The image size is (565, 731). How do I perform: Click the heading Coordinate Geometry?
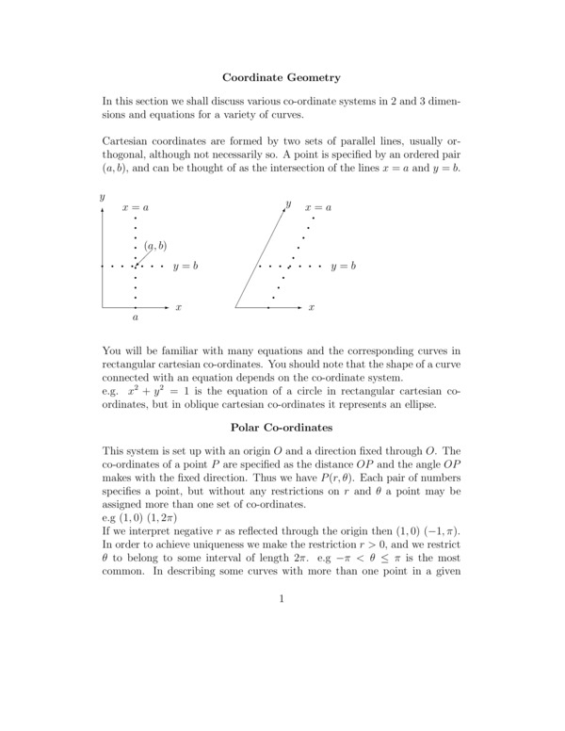click(x=282, y=76)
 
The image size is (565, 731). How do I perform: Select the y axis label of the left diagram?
click(x=101, y=197)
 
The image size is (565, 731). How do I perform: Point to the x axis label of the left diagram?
click(x=178, y=308)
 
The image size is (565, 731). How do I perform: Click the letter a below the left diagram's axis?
click(x=135, y=318)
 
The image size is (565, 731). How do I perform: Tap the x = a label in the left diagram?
click(x=136, y=206)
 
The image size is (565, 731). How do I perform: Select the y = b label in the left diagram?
click(x=186, y=267)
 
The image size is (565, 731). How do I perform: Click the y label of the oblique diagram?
click(x=288, y=203)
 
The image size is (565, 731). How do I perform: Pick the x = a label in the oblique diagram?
click(x=318, y=206)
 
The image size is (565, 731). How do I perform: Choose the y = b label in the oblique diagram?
click(x=344, y=267)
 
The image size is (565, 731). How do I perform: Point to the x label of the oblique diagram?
click(x=311, y=308)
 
